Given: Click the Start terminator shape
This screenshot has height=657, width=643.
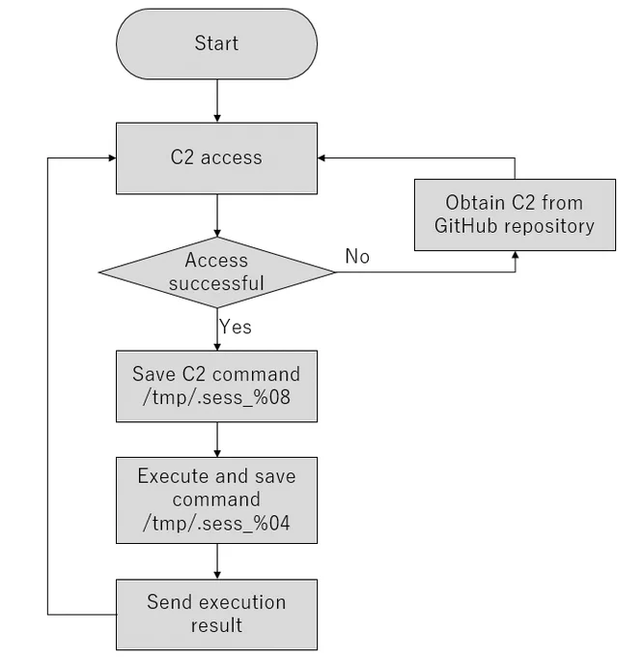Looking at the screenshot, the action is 217,43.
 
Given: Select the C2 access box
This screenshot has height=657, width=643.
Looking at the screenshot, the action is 217,158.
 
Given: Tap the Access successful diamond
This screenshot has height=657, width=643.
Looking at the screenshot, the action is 217,272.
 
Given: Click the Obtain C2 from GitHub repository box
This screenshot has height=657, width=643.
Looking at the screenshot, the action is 515,214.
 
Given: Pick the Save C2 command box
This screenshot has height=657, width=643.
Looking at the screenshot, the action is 217,386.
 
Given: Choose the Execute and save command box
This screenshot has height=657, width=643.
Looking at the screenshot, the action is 217,500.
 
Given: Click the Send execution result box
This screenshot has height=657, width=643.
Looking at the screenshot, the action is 217,614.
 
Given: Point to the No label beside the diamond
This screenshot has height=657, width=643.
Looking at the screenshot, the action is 357,256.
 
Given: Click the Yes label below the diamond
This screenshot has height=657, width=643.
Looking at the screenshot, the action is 236,327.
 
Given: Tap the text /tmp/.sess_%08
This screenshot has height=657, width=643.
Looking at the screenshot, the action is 216,397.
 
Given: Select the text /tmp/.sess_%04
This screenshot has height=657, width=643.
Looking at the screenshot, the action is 216,524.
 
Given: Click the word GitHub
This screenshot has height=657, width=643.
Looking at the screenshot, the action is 466,226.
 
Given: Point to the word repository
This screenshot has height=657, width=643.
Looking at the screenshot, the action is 549,227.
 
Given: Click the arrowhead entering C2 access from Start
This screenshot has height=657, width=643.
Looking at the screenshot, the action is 217,119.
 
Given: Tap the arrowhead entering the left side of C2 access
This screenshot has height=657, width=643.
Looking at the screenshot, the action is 112,157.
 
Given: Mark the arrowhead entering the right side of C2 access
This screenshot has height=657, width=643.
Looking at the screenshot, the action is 321,157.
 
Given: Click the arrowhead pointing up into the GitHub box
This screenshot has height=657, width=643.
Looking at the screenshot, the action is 516,255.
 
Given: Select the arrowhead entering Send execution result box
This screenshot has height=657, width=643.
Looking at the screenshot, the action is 217,575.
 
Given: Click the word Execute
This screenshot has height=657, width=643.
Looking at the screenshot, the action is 174,476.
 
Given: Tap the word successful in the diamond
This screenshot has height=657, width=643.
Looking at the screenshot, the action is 216,283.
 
